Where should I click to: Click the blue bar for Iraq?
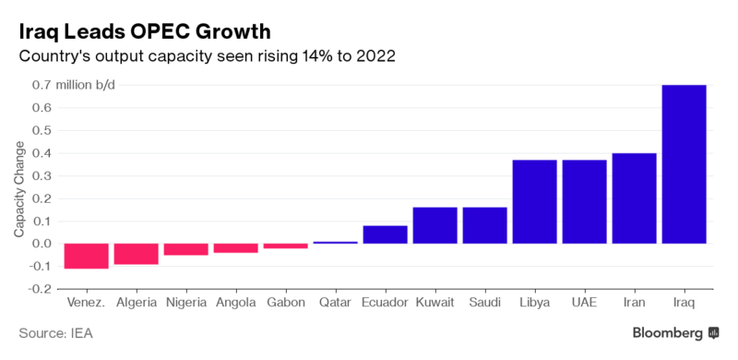(x=684, y=164)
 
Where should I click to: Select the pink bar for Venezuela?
(x=87, y=257)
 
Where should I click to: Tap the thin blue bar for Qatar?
(x=335, y=243)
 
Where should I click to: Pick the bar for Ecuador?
(x=385, y=234)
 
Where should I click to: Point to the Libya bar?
(x=535, y=201)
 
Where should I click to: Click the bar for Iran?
(x=634, y=198)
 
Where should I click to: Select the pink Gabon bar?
(x=286, y=246)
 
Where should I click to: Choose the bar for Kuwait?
(x=434, y=225)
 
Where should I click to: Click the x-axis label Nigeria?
(x=186, y=303)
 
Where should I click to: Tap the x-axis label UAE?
(x=585, y=302)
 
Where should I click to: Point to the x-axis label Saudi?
(x=485, y=302)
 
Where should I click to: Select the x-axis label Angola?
(x=236, y=303)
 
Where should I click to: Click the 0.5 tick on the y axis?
(x=42, y=130)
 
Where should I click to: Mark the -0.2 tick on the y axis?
(x=40, y=289)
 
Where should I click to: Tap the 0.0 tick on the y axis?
(x=42, y=244)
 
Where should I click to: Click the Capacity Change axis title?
(x=18, y=195)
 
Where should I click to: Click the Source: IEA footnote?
(x=55, y=333)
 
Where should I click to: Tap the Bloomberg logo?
(x=676, y=333)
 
